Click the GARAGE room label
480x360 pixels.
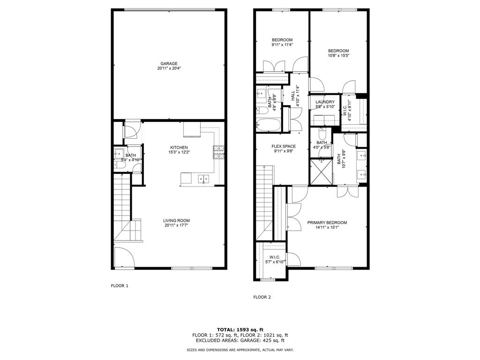(169, 64)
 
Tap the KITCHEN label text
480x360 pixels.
(179, 148)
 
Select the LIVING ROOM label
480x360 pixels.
(176, 221)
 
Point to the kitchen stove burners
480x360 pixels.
(219, 152)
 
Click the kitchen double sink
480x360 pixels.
(203, 179)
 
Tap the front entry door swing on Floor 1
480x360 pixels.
(124, 257)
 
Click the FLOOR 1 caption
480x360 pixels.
(120, 286)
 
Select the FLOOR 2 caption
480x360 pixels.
(262, 297)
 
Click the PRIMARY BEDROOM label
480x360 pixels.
(327, 223)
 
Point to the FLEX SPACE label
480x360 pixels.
(284, 146)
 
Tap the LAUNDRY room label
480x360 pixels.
(325, 102)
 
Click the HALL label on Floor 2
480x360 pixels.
(293, 96)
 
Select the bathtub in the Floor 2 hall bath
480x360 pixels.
(269, 125)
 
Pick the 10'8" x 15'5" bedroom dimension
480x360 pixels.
(338, 56)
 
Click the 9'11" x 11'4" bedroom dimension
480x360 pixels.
(282, 45)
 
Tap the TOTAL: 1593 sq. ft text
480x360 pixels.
(240, 330)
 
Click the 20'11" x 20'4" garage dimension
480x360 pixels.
(169, 68)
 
